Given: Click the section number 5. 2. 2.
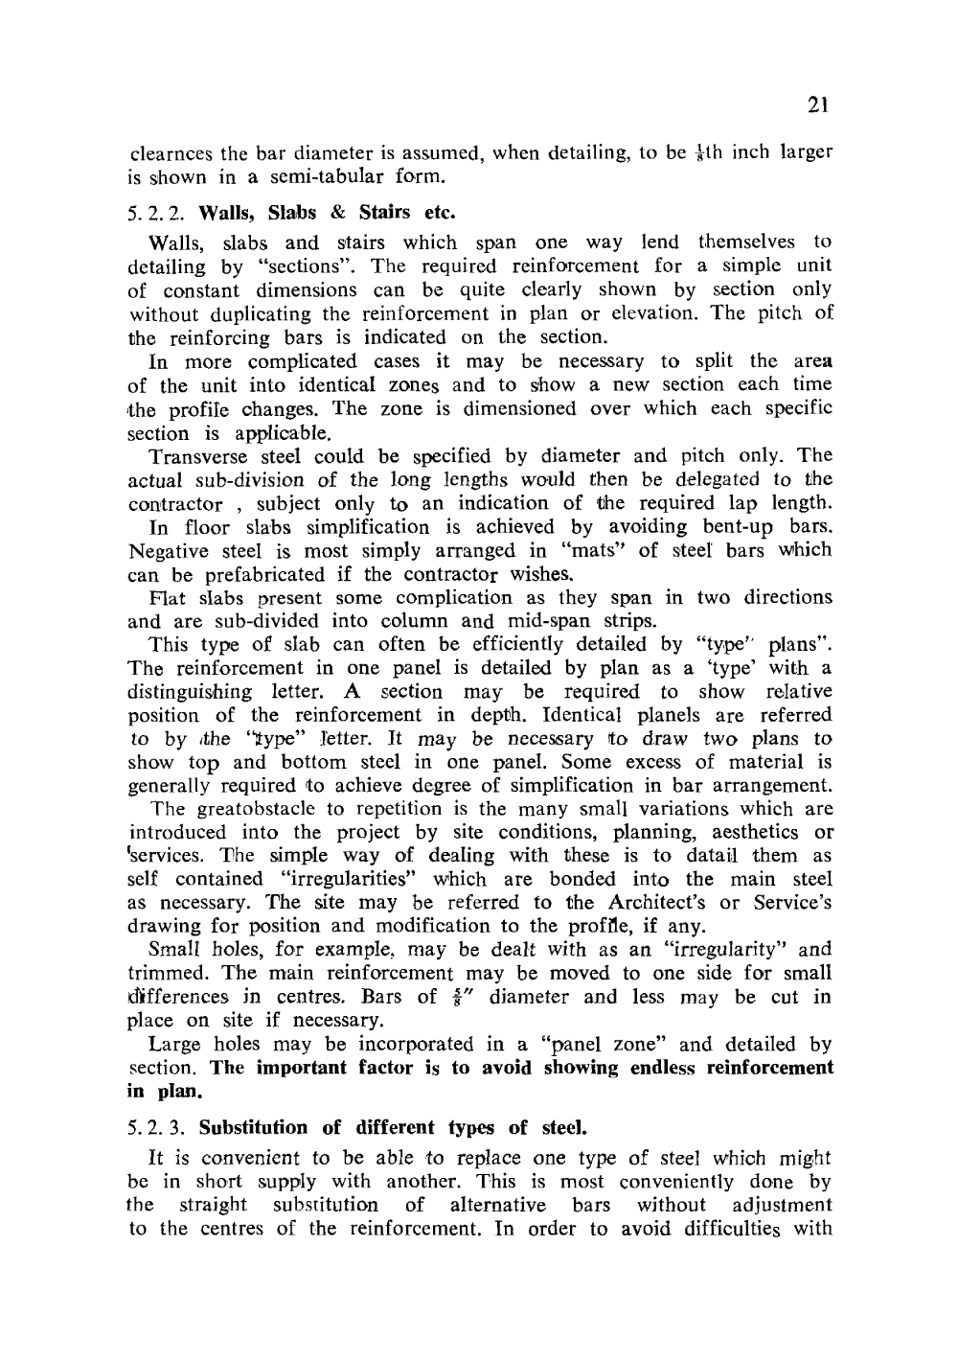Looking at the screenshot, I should tap(158, 212).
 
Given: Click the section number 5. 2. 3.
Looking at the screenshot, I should tap(158, 1127).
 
